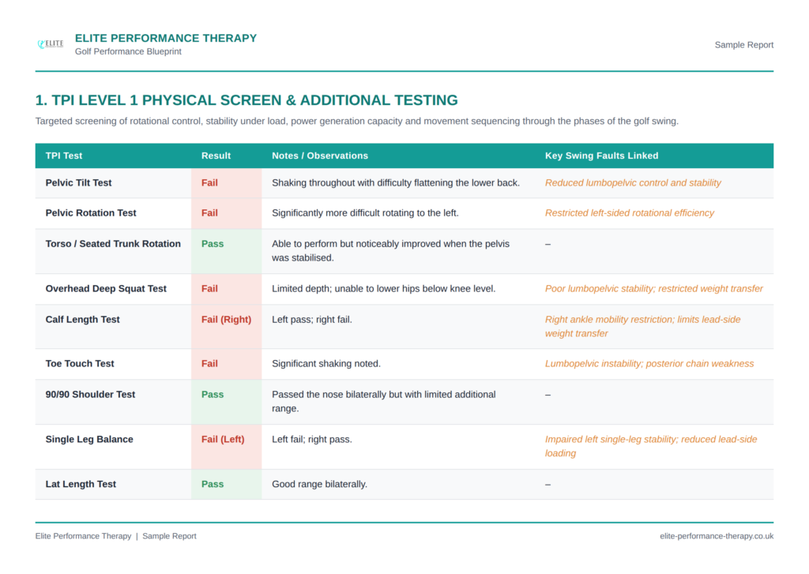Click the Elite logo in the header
tap(51, 44)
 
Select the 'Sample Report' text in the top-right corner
tap(743, 45)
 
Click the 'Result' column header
tap(216, 156)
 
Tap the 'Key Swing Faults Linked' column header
tap(601, 156)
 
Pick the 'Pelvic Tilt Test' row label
tap(78, 182)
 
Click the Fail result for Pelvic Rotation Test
tap(209, 213)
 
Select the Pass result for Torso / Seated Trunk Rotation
tap(213, 244)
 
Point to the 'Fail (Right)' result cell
tap(226, 319)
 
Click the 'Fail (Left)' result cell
tap(223, 440)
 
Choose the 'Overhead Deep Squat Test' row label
tap(106, 289)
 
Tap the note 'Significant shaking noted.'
tap(326, 363)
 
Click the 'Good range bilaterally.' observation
tap(319, 484)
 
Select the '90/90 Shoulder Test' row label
tap(90, 395)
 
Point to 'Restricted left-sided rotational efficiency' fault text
tap(630, 213)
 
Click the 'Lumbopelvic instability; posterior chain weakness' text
tap(649, 363)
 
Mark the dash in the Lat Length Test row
tap(548, 485)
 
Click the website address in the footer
tap(717, 536)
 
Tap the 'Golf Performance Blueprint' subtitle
tap(128, 51)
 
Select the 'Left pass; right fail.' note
tap(311, 320)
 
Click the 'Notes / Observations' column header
tap(320, 156)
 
